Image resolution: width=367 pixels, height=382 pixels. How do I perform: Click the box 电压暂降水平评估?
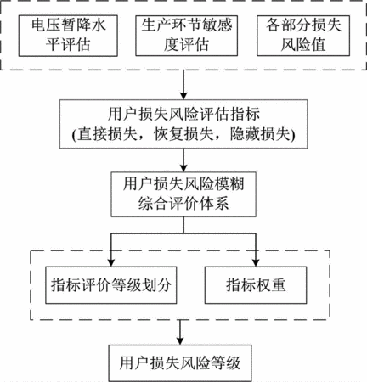(x=68, y=36)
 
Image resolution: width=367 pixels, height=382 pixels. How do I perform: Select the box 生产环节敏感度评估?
(x=186, y=36)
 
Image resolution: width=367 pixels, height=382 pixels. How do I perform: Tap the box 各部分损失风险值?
(x=303, y=36)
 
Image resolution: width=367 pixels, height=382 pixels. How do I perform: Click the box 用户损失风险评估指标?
(x=183, y=124)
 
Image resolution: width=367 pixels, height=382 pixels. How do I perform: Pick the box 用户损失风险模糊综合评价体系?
(x=183, y=194)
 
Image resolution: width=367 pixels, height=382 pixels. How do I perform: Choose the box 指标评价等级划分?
(x=111, y=285)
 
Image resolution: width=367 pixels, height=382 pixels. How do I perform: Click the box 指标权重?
(x=256, y=285)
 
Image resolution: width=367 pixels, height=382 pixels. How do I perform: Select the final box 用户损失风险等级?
(x=180, y=363)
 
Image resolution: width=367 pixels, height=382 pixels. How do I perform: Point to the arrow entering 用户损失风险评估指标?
(x=183, y=85)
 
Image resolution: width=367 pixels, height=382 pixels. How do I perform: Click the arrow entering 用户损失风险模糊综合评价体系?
(x=183, y=160)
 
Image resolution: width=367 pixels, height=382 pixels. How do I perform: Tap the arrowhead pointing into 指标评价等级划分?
(x=111, y=262)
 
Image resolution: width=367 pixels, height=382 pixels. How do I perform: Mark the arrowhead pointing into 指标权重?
(x=256, y=262)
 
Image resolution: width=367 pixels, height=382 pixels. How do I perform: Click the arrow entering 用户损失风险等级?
(x=180, y=333)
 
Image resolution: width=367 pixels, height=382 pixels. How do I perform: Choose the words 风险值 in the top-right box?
(x=303, y=45)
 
